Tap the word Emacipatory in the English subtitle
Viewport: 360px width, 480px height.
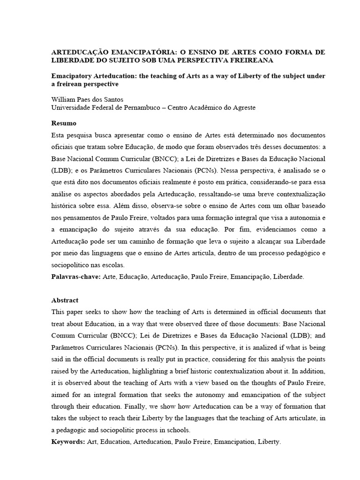point(72,76)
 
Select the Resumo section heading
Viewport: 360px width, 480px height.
point(63,123)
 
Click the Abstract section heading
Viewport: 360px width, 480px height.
point(65,300)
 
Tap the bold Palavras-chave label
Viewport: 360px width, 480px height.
point(75,277)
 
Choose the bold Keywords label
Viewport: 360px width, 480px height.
point(68,442)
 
